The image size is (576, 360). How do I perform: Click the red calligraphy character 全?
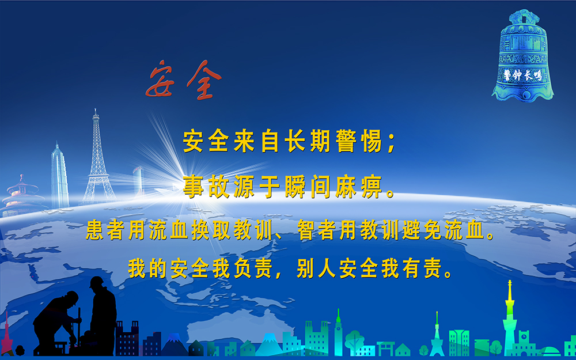tap(204, 80)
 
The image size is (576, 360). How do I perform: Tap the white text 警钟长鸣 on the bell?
tap(522, 75)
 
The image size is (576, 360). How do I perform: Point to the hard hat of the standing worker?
tap(97, 282)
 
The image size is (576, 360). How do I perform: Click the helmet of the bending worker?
tap(72, 297)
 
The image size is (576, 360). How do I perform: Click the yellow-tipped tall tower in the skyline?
tap(510, 318)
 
